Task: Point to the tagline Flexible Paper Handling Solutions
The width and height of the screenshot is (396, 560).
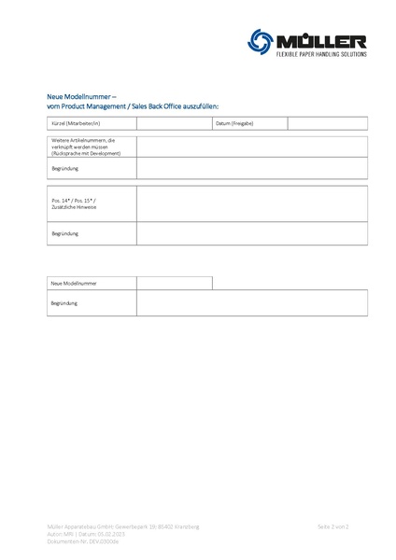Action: (x=319, y=54)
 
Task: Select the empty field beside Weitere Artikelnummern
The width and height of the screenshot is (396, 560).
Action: (x=252, y=146)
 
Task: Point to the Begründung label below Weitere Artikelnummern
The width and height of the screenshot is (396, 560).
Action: (x=65, y=167)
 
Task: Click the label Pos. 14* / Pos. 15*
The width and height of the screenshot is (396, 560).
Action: (x=74, y=201)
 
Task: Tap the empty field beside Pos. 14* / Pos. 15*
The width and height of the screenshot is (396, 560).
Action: (x=252, y=204)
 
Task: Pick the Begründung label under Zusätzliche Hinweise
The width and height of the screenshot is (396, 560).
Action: (x=65, y=233)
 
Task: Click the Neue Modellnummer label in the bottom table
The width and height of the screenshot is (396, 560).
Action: (x=75, y=282)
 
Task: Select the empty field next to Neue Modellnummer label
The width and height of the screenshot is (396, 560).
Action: (x=175, y=282)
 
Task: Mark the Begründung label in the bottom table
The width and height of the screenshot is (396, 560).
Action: (x=65, y=302)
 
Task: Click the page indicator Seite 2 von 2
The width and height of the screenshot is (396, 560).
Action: (x=332, y=527)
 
